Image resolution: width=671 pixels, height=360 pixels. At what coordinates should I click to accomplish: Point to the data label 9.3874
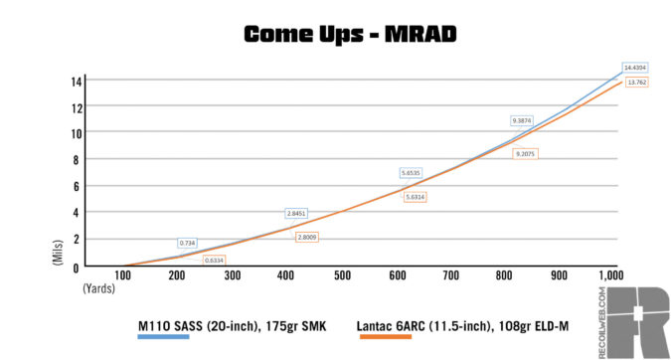point(524,120)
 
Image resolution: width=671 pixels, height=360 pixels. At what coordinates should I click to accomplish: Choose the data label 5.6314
point(417,197)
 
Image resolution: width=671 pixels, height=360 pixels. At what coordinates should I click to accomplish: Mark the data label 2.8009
point(307,237)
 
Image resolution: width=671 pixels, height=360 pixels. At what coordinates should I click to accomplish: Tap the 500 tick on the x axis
point(341,275)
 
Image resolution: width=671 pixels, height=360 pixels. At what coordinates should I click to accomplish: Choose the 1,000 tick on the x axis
point(610,275)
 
